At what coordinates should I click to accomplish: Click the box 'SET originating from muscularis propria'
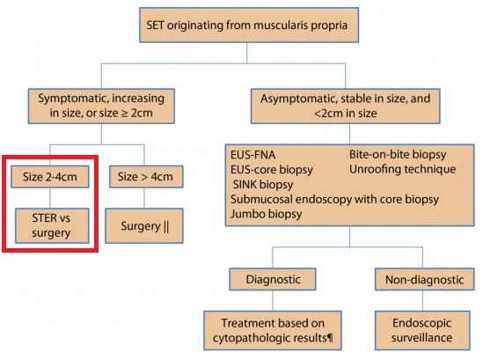tap(249, 25)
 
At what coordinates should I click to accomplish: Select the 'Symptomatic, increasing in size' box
tap(101, 106)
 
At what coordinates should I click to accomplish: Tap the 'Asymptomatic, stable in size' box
tap(345, 106)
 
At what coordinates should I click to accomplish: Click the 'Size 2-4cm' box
tap(50, 177)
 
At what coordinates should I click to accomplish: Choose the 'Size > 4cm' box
tap(146, 177)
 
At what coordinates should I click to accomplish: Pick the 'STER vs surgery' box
tap(52, 225)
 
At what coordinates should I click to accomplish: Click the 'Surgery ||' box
tap(144, 226)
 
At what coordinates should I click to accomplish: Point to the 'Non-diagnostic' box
tap(424, 279)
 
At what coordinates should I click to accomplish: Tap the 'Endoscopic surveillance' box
tap(422, 330)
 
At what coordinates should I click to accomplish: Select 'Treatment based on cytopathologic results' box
tap(273, 330)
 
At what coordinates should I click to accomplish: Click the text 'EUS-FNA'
tap(252, 155)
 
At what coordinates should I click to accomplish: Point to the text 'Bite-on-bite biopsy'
tap(398, 154)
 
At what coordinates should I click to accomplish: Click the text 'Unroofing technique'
tap(402, 169)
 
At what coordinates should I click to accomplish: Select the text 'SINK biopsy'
tap(263, 184)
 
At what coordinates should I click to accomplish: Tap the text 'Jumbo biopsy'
tap(267, 214)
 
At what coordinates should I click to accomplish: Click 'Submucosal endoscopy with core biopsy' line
tap(334, 200)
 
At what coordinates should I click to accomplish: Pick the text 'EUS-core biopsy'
tap(272, 170)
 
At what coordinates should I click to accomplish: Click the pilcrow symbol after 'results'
tap(330, 338)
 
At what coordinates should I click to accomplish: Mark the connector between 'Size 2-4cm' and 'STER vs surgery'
tap(50, 198)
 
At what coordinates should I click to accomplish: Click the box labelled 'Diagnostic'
tap(273, 279)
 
